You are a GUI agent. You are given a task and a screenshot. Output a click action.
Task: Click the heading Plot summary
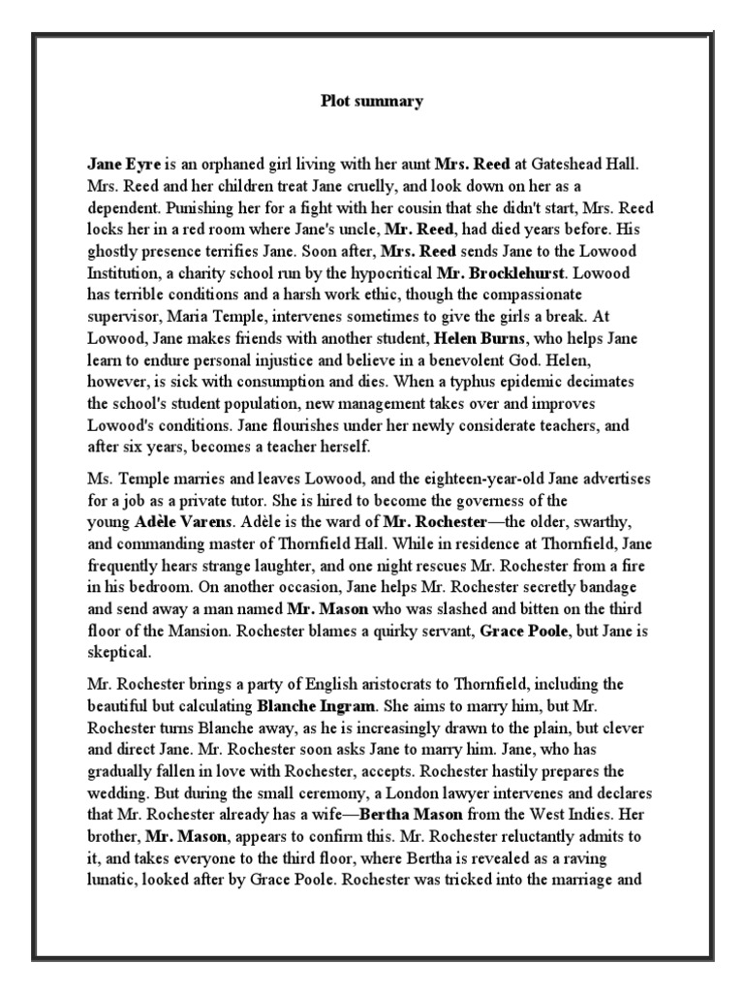pos(372,102)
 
